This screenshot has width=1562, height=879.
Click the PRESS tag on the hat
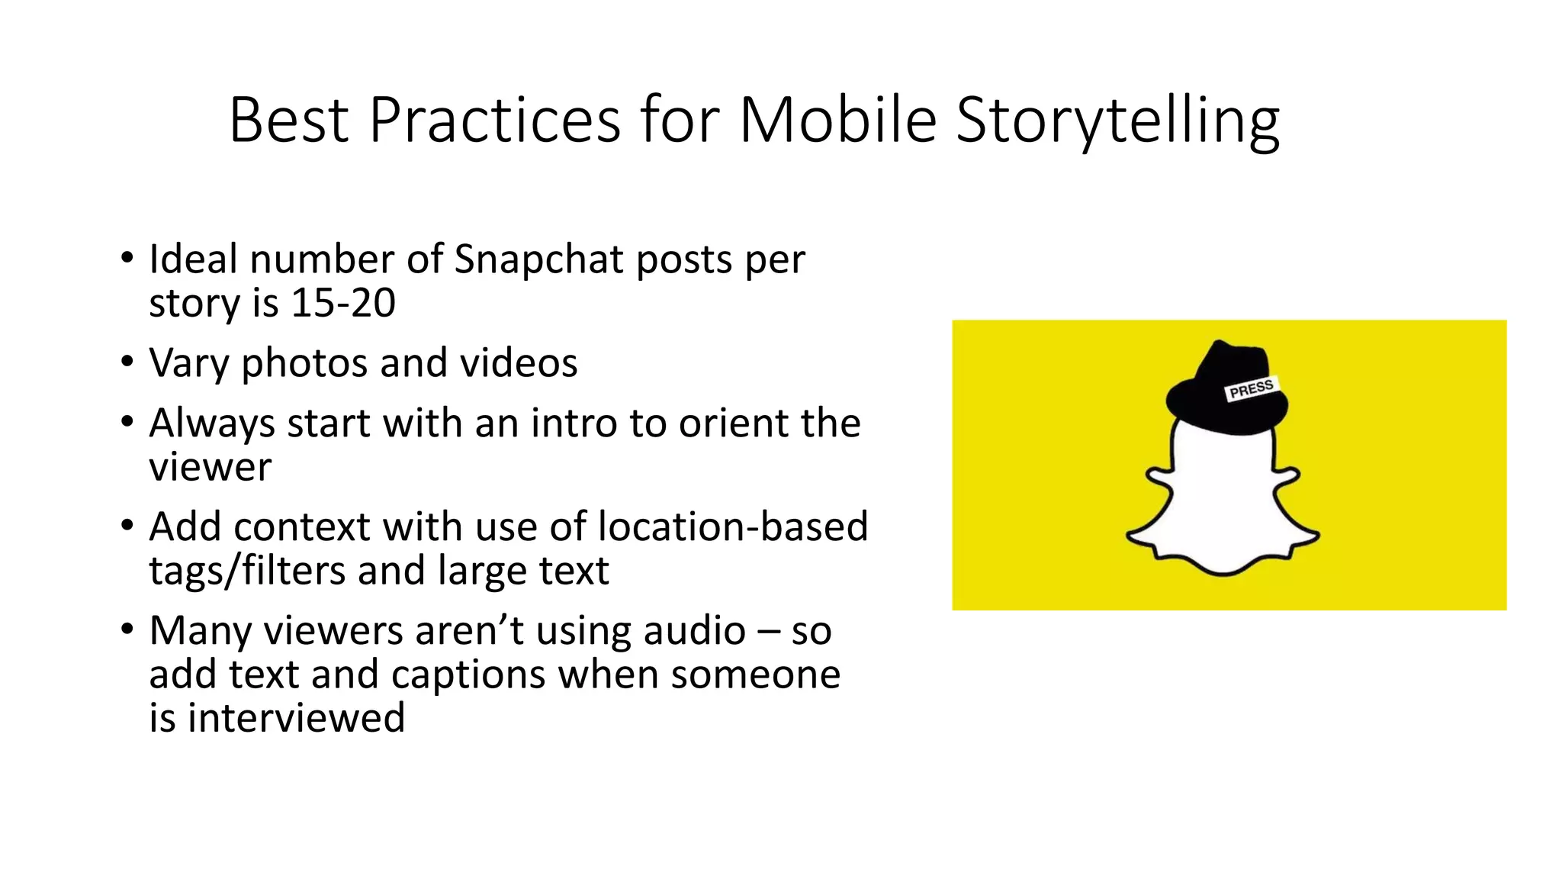[1251, 388]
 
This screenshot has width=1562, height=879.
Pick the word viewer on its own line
[210, 467]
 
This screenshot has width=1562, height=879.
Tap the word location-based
[733, 526]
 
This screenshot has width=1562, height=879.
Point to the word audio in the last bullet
[694, 631]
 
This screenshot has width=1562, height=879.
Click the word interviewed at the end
[296, 718]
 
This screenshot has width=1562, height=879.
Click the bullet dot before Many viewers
[127, 629]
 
